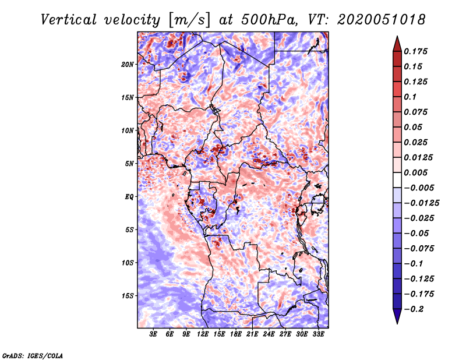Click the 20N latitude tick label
pos(128,64)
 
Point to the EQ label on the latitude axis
pos(129,197)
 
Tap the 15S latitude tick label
pos(128,296)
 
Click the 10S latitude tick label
pos(128,263)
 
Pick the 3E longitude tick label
pos(154,334)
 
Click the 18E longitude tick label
pos(236,334)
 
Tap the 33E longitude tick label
pos(318,334)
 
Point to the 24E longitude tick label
pos(269,334)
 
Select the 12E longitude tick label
pos(203,334)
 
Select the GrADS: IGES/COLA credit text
pos(33,355)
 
